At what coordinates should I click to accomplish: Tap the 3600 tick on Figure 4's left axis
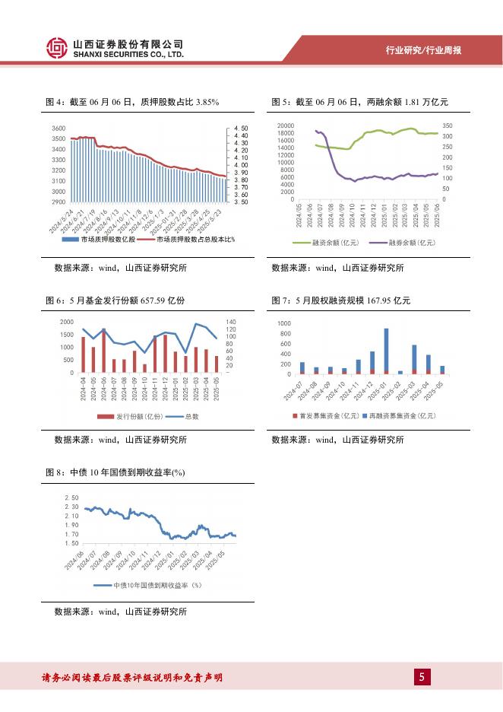(x=59, y=129)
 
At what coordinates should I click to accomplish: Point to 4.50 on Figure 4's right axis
(x=240, y=129)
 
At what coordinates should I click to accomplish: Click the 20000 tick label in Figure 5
(x=285, y=126)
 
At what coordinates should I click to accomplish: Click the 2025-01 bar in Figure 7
(x=386, y=351)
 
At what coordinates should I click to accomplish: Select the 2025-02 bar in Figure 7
(x=400, y=372)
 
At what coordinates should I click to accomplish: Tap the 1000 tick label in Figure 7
(x=284, y=324)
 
